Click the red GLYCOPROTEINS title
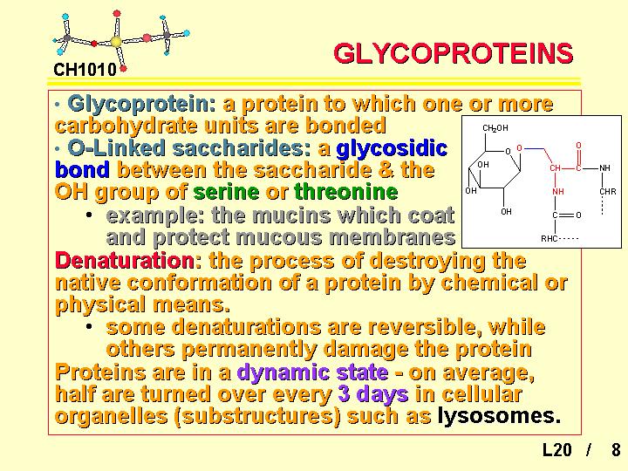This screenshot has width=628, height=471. point(453,53)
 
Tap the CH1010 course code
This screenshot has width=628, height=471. point(85,70)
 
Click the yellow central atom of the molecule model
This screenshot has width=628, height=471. point(116,41)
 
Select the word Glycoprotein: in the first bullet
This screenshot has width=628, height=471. point(142,105)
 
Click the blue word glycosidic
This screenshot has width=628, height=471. point(392,148)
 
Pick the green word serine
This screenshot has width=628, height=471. point(226,191)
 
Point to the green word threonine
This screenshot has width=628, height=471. point(346,191)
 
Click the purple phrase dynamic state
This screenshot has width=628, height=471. point(312,372)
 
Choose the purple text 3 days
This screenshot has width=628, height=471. point(373,394)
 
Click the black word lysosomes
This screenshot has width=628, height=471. point(499,416)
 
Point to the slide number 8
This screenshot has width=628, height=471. point(616,450)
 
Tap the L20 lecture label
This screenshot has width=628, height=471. point(557,450)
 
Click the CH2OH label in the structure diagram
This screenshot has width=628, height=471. point(495,128)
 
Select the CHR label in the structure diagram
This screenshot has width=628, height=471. point(608,191)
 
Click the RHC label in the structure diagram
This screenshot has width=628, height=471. point(549,239)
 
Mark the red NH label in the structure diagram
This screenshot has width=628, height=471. point(558,192)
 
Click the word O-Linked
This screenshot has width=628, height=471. point(116,147)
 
